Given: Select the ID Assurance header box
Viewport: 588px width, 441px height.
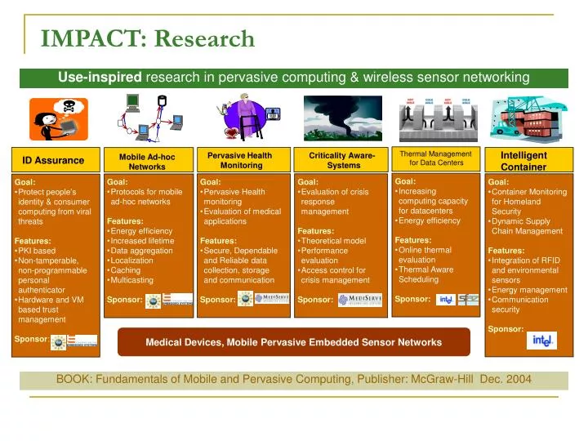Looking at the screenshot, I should [x=53, y=161].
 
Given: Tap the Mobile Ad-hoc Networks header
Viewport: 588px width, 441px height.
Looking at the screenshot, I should [x=147, y=161].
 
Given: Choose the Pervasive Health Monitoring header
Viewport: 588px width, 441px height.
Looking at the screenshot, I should [x=240, y=160].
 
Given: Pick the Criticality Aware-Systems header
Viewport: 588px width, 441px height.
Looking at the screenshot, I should [x=342, y=160].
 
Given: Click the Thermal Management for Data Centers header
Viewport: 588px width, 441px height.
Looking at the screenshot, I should [x=435, y=158].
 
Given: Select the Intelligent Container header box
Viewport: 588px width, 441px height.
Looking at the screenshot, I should [x=523, y=161].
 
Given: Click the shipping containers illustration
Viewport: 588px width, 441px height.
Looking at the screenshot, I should [x=523, y=118].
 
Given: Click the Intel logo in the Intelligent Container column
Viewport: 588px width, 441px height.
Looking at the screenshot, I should [x=542, y=340].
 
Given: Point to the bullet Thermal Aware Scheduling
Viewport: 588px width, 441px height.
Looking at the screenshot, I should [x=424, y=274].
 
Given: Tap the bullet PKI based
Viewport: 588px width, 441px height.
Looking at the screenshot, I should [x=37, y=251].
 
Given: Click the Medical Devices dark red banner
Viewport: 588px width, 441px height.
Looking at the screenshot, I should [x=294, y=342].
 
